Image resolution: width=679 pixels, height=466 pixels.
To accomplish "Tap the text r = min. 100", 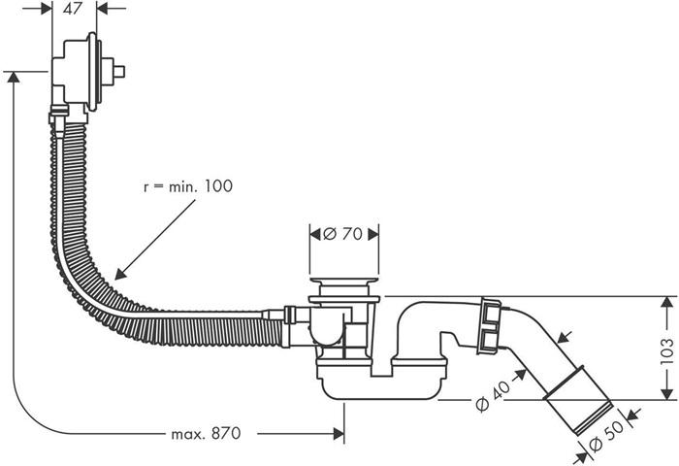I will [187, 185].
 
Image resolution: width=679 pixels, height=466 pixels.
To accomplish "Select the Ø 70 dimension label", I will [344, 234].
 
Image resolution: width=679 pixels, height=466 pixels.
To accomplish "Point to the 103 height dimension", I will [667, 348].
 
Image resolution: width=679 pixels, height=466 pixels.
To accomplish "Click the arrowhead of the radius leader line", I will [117, 277].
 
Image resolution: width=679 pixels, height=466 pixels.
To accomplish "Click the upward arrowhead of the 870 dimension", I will [13, 78].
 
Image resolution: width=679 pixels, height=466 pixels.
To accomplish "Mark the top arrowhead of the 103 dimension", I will [666, 303].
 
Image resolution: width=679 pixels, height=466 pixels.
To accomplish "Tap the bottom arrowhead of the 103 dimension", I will [666, 393].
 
